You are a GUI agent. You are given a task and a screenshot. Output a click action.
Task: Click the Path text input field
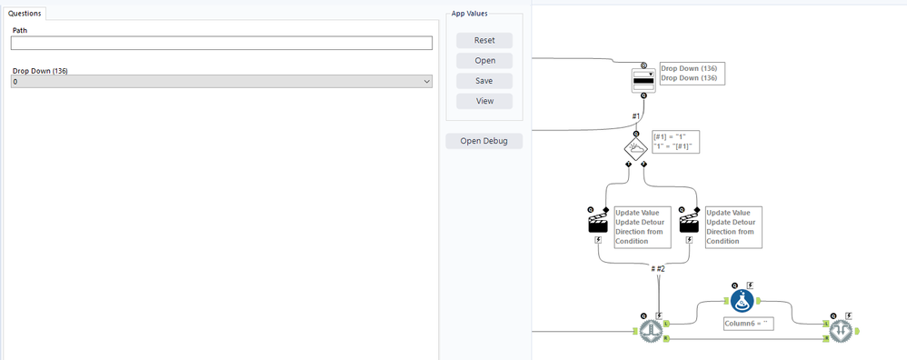click(x=221, y=43)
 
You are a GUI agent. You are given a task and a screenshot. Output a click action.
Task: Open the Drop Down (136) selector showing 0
click(x=221, y=82)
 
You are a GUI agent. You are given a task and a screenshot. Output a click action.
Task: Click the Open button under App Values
click(x=484, y=61)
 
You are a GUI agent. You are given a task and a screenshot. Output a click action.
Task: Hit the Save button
click(x=484, y=81)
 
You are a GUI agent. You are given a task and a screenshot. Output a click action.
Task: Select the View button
click(x=484, y=101)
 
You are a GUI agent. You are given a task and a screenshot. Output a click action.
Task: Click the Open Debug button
click(x=483, y=141)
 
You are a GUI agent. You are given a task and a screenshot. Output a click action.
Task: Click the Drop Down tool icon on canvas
click(x=643, y=80)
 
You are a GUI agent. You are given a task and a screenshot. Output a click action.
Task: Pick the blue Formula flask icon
click(x=743, y=301)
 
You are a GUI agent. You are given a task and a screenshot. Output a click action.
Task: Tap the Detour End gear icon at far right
click(x=838, y=331)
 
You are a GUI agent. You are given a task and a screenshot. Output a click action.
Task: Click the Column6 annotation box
click(x=748, y=323)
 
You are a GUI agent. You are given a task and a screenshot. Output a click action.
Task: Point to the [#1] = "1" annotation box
click(x=673, y=142)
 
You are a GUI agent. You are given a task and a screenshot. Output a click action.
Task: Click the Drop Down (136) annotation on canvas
click(x=693, y=73)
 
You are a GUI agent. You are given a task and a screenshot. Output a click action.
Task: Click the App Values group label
click(x=470, y=14)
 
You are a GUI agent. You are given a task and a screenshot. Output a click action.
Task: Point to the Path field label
click(x=20, y=31)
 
